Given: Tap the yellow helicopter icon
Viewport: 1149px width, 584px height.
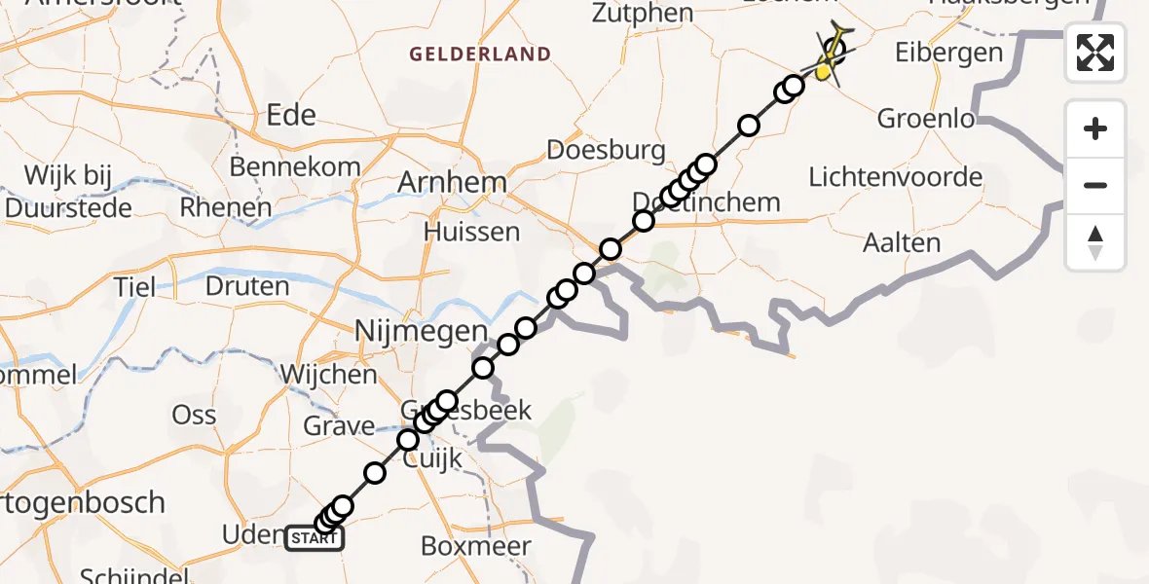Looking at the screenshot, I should (x=828, y=61).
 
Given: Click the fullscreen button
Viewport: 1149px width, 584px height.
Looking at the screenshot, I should (x=1095, y=53).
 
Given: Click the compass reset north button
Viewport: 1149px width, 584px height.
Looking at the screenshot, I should (x=1095, y=242).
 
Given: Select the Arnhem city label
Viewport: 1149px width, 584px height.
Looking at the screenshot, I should (x=452, y=183).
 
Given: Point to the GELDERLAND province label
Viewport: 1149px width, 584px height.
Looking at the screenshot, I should (x=480, y=55).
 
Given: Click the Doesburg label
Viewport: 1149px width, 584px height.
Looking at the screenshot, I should (x=606, y=151).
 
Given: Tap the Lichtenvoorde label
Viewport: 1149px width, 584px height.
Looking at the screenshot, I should (x=896, y=178).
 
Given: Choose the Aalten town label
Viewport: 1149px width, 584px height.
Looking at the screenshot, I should (x=903, y=242).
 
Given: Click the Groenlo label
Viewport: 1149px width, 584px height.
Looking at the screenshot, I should (x=926, y=119).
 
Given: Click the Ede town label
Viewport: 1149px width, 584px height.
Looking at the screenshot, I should (x=290, y=116).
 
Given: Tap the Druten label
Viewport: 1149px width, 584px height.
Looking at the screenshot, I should (x=247, y=286).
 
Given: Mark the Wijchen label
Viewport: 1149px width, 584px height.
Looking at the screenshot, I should (x=328, y=374).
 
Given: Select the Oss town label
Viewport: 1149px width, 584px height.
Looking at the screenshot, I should (x=193, y=414).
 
